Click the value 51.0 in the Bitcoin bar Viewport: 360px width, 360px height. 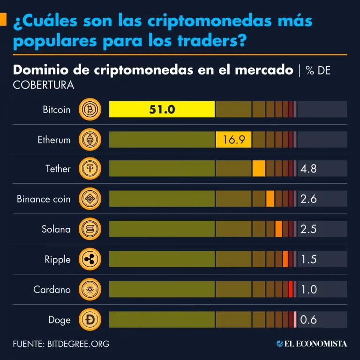pyautogui.click(x=162, y=110)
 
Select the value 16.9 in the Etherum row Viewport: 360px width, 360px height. pyautogui.click(x=233, y=140)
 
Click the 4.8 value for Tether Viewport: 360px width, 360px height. pyautogui.click(x=308, y=169)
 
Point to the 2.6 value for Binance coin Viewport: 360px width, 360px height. pyautogui.click(x=308, y=199)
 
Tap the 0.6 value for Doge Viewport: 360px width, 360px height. pyautogui.click(x=308, y=320)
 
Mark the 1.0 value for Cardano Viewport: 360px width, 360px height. pyautogui.click(x=309, y=289)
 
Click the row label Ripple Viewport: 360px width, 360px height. pyautogui.click(x=57, y=260)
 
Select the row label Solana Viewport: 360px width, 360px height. pyautogui.click(x=56, y=229)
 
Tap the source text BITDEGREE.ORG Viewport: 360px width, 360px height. pyautogui.click(x=78, y=344)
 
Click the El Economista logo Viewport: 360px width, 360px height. pyautogui.click(x=312, y=344)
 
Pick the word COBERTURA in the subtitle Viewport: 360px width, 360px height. pyautogui.click(x=43, y=85)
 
